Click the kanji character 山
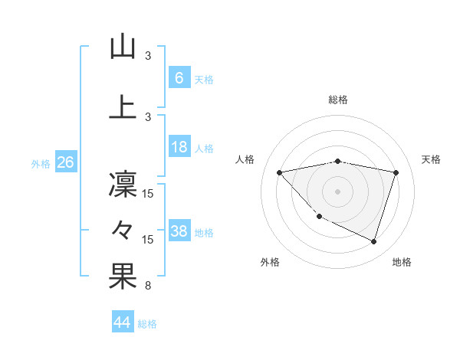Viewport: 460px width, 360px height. [123, 47]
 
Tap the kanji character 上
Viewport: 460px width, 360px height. [123, 106]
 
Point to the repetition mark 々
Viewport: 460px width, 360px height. [123, 229]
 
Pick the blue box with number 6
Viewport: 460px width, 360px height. [179, 78]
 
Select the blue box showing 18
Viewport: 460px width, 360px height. [179, 148]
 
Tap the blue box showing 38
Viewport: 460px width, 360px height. [179, 232]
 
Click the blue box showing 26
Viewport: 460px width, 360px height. [66, 163]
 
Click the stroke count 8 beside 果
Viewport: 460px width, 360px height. [147, 286]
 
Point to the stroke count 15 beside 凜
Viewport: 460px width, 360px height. [148, 193]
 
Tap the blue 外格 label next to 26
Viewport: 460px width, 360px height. [41, 164]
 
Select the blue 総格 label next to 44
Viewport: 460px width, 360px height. [147, 324]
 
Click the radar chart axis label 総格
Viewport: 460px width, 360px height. [338, 100]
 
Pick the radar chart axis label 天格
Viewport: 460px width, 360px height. [432, 159]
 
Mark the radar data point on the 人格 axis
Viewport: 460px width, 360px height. [279, 172]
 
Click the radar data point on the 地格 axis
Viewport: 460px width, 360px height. [373, 242]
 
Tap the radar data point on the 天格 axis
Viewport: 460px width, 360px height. [396, 172]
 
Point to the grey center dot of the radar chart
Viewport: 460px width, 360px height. [337, 191]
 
